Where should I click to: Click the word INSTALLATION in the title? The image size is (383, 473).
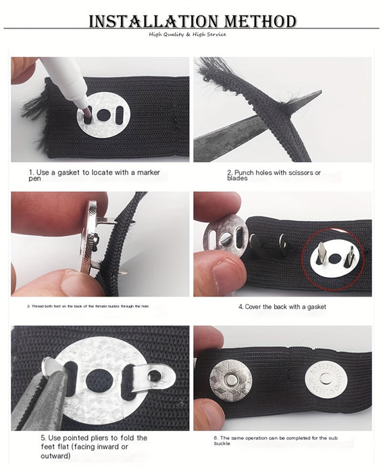[147, 21]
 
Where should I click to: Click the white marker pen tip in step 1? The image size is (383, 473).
[80, 102]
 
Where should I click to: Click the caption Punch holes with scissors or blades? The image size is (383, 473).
[274, 175]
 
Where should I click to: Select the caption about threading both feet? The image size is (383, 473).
[88, 306]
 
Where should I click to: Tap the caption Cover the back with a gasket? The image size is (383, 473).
[282, 306]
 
